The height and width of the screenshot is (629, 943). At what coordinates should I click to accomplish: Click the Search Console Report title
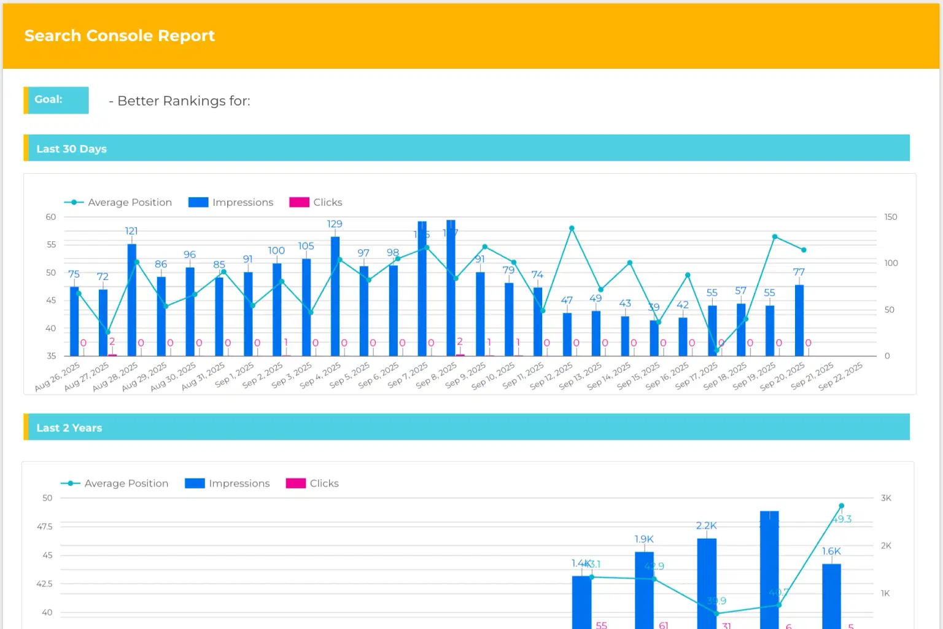click(120, 36)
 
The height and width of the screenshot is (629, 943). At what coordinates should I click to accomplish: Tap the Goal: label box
click(56, 100)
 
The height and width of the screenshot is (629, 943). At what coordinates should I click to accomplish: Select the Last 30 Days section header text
click(71, 149)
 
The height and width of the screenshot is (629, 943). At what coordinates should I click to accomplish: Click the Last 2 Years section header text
click(69, 428)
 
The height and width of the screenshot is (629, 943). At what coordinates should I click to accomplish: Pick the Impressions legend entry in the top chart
click(231, 202)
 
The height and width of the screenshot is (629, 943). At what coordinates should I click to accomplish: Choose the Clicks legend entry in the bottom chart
click(312, 483)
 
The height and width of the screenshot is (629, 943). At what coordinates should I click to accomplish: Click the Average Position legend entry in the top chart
click(118, 202)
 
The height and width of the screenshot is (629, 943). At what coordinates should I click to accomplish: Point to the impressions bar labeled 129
click(335, 295)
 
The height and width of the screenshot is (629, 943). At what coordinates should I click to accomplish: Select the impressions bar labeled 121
click(132, 299)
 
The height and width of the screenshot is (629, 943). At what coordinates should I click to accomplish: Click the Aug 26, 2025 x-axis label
click(58, 376)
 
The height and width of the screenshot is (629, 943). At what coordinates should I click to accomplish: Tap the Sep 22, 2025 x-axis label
click(840, 376)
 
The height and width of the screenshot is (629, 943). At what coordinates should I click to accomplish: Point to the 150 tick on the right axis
click(891, 217)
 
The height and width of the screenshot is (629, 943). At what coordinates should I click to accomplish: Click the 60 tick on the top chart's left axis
click(51, 217)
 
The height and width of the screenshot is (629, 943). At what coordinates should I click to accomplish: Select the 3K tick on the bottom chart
click(886, 498)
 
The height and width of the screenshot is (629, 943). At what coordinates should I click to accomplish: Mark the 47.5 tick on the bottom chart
click(45, 526)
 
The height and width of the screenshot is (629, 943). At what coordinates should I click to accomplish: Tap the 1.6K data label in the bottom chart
click(831, 551)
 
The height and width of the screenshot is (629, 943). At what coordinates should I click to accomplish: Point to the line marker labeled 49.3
click(841, 506)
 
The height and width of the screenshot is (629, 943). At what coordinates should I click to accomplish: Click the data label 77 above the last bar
click(799, 272)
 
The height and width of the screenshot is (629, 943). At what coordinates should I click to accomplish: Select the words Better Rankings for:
click(184, 101)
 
